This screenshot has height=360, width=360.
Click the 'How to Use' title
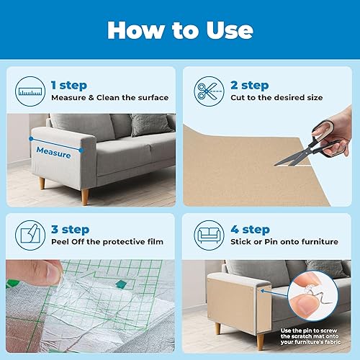point(180,30)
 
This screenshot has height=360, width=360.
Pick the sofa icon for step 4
point(206,235)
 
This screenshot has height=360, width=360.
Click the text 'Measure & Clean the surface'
point(109,98)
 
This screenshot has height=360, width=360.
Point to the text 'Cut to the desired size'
point(275,98)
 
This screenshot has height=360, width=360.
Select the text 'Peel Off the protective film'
point(107,243)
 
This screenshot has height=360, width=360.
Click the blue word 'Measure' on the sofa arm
point(54,154)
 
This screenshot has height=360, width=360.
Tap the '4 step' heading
point(249,229)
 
